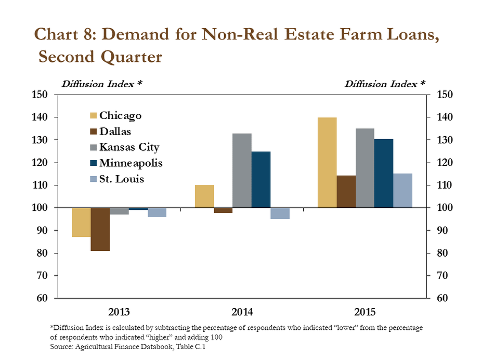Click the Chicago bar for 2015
327,162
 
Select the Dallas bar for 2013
100,229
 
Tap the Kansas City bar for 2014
242,170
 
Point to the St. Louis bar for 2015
402,191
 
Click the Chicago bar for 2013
82,222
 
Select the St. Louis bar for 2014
280,213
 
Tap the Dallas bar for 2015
346,192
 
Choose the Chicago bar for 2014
204,196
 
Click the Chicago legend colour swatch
93,115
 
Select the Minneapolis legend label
131,163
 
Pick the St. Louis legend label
122,179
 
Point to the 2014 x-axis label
242,312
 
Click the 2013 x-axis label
119,312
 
